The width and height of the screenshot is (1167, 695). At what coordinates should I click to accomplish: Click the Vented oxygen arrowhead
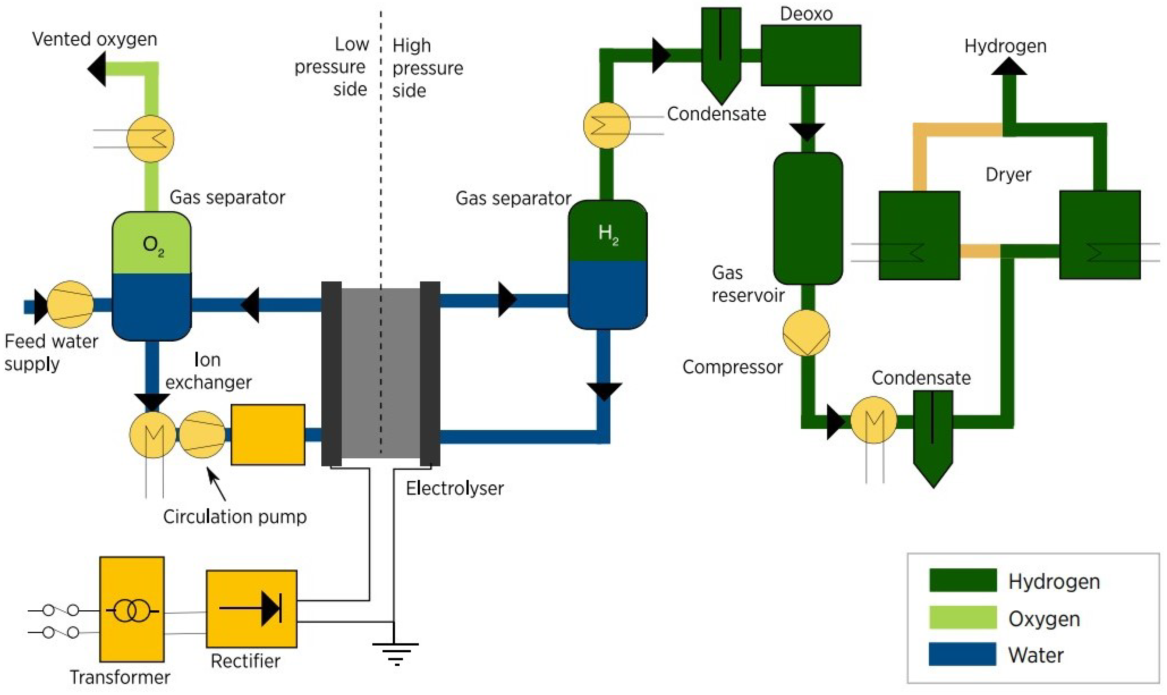pos(97,69)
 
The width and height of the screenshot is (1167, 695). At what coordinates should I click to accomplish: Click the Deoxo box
pos(810,55)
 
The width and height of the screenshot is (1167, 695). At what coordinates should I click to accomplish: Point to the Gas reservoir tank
pos(807,218)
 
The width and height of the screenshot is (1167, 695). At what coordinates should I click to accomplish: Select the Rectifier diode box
pos(251,608)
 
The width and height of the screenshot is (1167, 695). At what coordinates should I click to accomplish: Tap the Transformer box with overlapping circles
pos(131,609)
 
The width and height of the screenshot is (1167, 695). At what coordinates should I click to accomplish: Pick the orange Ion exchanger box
pos(268,435)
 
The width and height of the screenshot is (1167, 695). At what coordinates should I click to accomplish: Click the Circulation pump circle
pos(202,435)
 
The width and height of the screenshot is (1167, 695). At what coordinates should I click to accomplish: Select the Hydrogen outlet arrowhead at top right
pos(1009,67)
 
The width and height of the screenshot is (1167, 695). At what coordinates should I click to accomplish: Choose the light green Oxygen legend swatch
pos(962,617)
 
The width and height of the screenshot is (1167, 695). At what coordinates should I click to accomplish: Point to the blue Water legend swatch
pos(962,654)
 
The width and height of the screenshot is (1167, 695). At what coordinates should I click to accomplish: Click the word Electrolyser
pos(455,489)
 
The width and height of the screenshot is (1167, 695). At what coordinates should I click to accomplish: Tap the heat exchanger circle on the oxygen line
pos(150,139)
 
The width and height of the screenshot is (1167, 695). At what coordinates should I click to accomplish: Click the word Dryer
pos(1008,175)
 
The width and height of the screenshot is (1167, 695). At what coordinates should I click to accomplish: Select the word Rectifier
pos(245,661)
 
